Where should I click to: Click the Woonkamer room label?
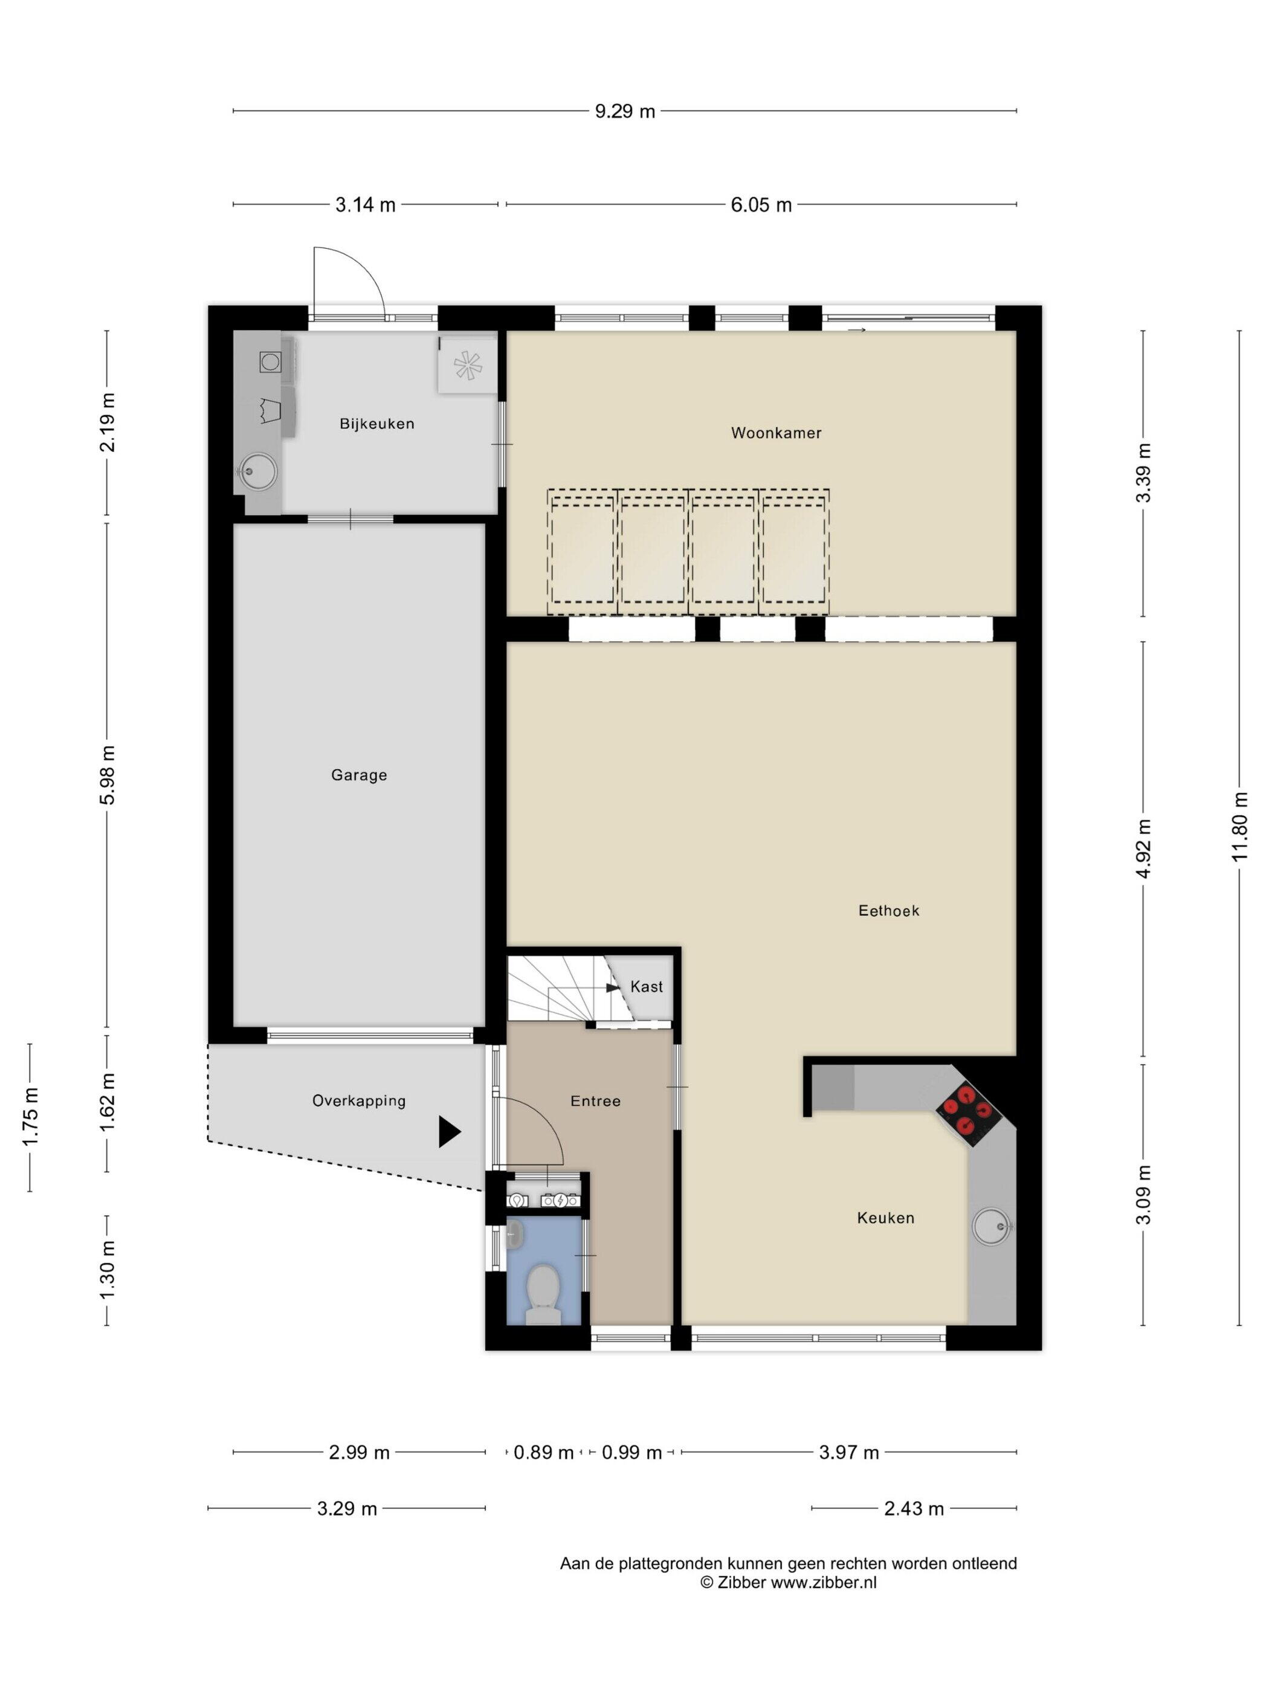point(776,433)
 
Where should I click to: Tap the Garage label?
point(359,775)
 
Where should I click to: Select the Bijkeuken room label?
point(377,424)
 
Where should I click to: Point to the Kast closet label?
point(647,987)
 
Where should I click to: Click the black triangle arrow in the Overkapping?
point(449,1131)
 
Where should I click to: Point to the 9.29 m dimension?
point(625,111)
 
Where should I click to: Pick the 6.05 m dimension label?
point(761,204)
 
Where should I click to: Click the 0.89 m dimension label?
point(543,1452)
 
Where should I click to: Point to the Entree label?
point(595,1101)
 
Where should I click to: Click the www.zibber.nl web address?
point(823,1583)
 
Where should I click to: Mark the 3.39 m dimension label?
point(1143,473)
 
